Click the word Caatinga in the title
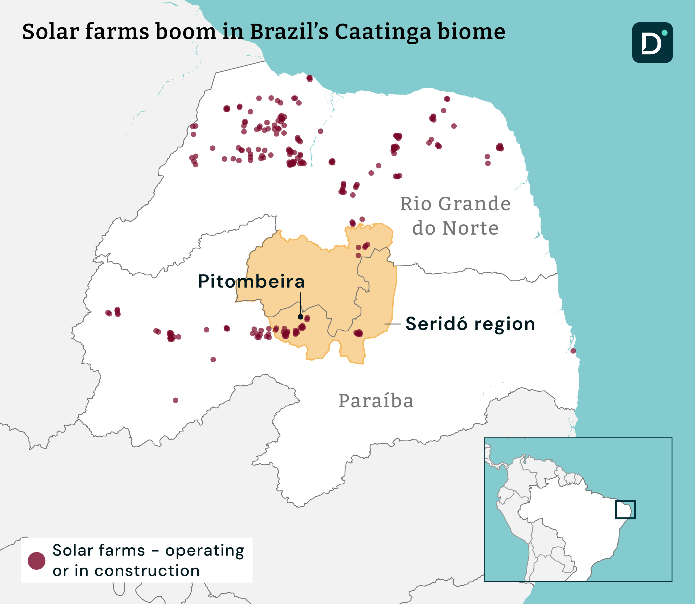(x=383, y=32)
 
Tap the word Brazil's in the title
(x=289, y=32)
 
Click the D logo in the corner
(x=652, y=43)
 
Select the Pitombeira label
(x=251, y=282)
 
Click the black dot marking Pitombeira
(x=300, y=317)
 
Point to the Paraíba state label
(x=376, y=401)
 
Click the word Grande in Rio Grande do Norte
(x=474, y=204)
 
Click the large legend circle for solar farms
(x=36, y=561)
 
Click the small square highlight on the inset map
(x=625, y=510)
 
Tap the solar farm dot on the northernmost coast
(x=309, y=79)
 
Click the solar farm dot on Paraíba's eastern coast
(x=573, y=351)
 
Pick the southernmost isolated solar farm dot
(x=175, y=400)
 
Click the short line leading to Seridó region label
(x=393, y=324)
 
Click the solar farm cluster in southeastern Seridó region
(x=358, y=333)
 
